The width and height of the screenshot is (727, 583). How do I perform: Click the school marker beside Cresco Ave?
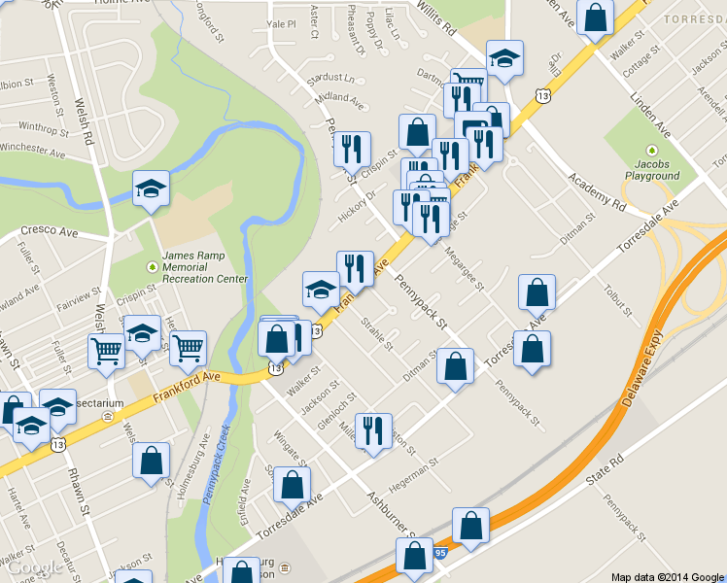point(151,188)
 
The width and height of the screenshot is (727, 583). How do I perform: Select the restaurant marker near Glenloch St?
point(374,430)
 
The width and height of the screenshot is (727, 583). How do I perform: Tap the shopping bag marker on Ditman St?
point(455,366)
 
